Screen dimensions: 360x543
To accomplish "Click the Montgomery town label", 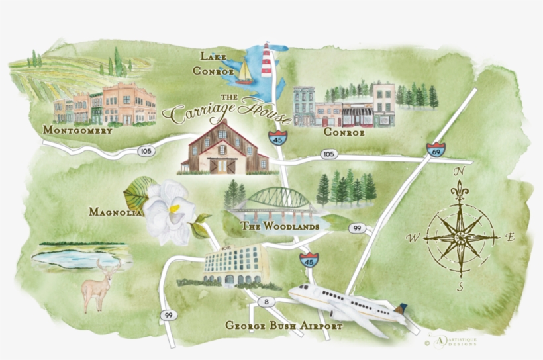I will [x=77, y=130].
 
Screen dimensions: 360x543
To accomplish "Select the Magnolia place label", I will [x=115, y=212].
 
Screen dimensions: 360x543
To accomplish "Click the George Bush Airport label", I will [x=283, y=326].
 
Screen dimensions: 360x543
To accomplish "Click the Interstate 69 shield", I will [x=436, y=150].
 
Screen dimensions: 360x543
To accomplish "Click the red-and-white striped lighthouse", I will [x=267, y=62].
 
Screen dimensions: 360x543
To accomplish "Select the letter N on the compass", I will [x=458, y=171].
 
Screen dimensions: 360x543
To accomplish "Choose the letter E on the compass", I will [x=510, y=236].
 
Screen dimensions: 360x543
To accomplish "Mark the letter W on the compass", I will [x=411, y=237].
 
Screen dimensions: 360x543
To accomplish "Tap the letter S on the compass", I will [x=460, y=286].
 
